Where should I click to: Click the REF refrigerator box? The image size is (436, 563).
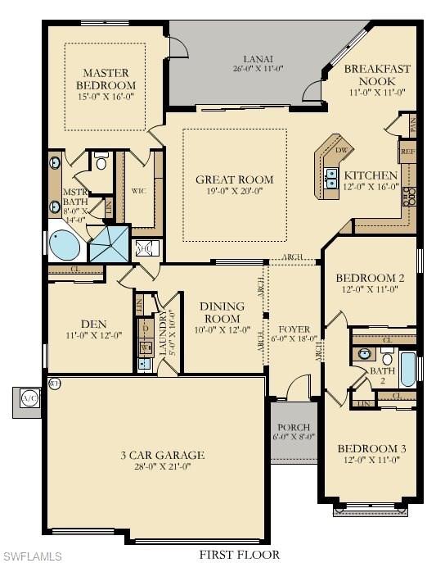click(x=407, y=152)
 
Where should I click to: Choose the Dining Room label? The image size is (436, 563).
click(x=221, y=312)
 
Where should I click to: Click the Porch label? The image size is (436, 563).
click(x=293, y=426)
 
